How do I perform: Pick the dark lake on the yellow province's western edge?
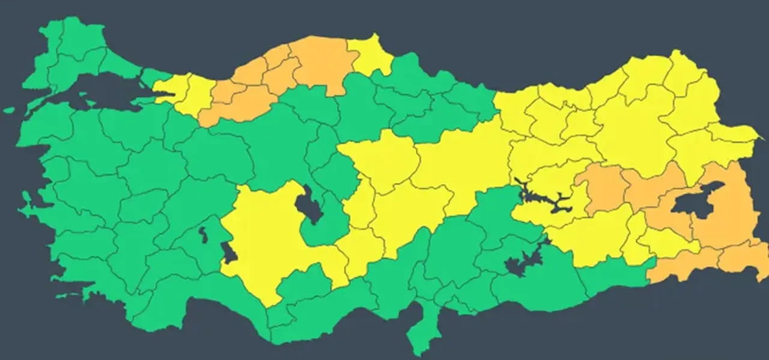tap(229, 252)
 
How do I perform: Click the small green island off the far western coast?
tap(8, 111)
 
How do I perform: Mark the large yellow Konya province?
tap(270, 240)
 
